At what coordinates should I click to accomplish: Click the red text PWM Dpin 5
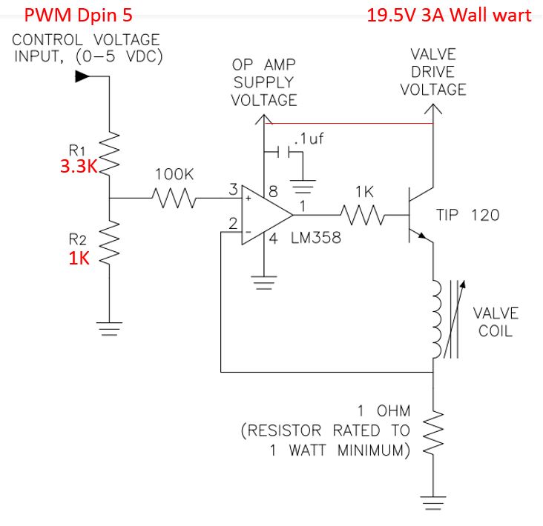pos(79,14)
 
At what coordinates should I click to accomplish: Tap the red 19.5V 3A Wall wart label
pos(450,14)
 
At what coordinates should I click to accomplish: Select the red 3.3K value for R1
pos(79,166)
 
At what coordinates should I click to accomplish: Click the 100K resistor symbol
pos(172,199)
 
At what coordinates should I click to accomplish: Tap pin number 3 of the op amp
pos(233,190)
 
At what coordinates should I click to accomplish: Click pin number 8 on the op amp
pos(272,190)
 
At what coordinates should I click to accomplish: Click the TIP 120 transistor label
pos(468,216)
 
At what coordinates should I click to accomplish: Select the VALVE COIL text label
pos(496,322)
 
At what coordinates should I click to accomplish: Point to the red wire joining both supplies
pos(349,124)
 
